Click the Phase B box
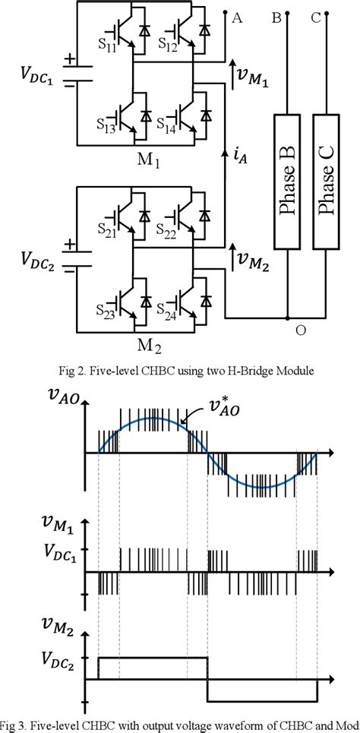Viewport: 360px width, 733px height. (x=287, y=182)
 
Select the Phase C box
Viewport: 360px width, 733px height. (x=325, y=182)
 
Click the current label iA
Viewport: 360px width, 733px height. (x=241, y=159)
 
